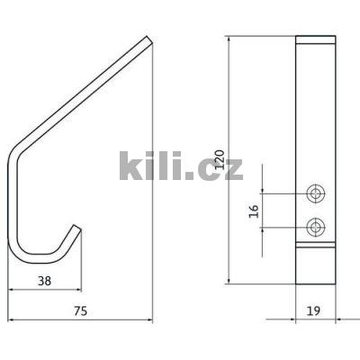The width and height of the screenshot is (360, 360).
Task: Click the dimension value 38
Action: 43,281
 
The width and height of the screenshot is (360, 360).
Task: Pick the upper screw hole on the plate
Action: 316,193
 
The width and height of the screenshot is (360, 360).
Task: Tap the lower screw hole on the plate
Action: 316,226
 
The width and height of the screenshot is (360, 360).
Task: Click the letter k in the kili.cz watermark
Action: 131,166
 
